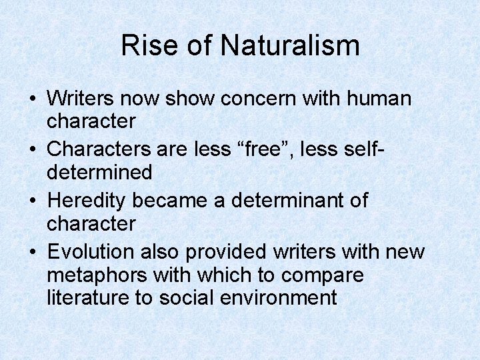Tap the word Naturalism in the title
tap(290, 46)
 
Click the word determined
tap(100, 173)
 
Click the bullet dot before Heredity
tap(33, 199)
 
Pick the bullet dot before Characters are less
tap(33, 149)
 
